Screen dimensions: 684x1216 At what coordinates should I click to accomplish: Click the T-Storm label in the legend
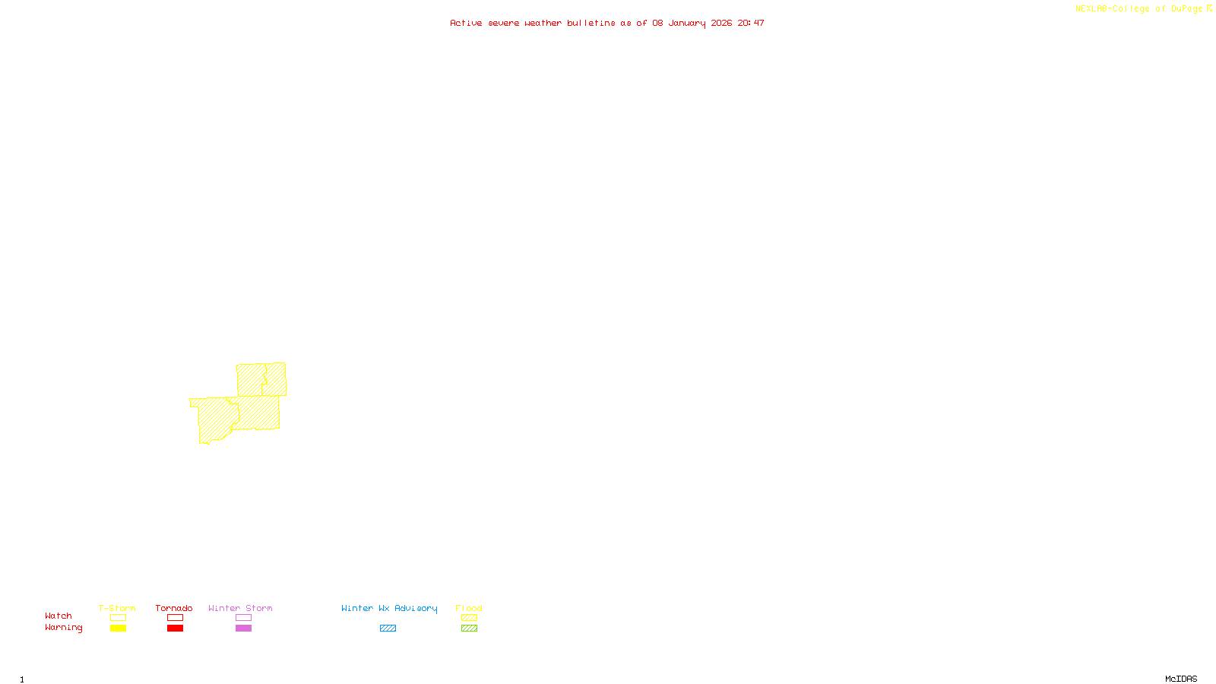(x=117, y=608)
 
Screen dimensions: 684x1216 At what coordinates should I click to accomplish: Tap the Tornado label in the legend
(x=174, y=608)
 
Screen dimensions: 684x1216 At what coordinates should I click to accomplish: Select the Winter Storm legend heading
(x=240, y=608)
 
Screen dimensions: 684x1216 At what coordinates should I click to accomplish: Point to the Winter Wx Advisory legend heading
(x=389, y=608)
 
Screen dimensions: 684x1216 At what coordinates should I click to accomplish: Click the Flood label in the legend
(x=469, y=608)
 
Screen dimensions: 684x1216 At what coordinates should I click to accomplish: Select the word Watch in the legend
(x=59, y=616)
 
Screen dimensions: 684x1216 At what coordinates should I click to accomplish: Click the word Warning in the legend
(x=64, y=628)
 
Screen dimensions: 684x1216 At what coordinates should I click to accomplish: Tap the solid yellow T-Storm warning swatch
(x=118, y=629)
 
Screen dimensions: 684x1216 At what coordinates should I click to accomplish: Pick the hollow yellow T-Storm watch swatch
(x=118, y=618)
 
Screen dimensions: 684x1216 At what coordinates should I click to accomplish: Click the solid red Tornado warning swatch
(x=175, y=629)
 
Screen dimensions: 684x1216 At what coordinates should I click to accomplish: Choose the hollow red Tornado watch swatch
(x=175, y=618)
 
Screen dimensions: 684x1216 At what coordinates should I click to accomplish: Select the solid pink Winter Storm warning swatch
(x=243, y=629)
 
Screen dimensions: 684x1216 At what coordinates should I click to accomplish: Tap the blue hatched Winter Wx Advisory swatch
(x=388, y=629)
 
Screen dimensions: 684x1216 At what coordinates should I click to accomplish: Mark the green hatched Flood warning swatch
(x=469, y=629)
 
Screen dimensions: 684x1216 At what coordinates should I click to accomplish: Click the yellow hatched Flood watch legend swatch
(x=469, y=618)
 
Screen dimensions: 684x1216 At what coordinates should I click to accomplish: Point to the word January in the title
(x=687, y=24)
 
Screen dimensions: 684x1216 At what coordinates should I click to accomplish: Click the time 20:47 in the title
(x=751, y=24)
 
